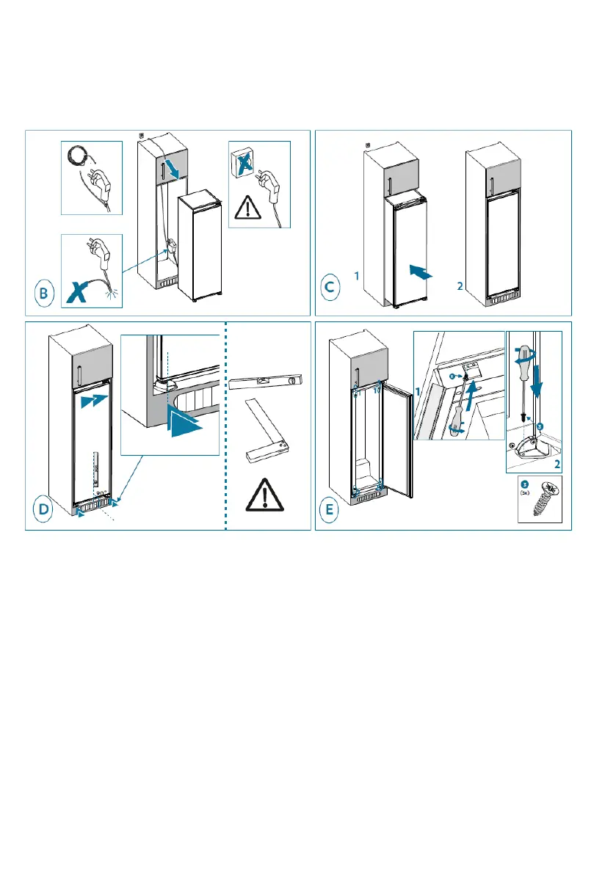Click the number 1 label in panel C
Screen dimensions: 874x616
point(355,277)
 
